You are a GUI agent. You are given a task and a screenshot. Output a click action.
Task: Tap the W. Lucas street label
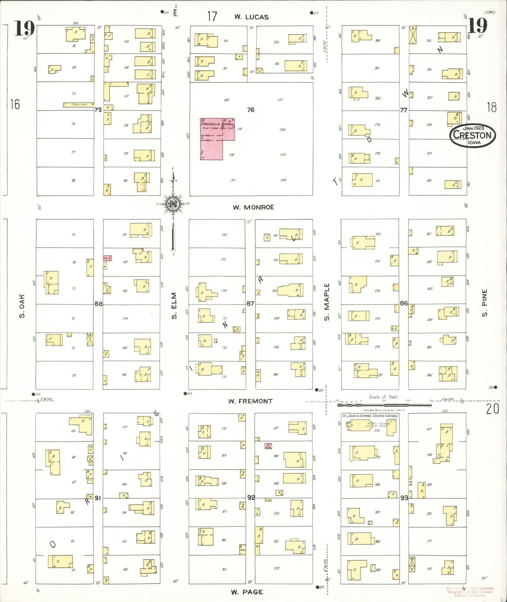click(251, 17)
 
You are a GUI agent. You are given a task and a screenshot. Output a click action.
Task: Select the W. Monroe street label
click(253, 207)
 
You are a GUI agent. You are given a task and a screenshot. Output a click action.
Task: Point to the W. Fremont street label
click(250, 401)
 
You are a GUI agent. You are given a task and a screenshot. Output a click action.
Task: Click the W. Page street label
click(247, 592)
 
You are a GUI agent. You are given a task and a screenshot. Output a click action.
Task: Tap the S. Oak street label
click(22, 306)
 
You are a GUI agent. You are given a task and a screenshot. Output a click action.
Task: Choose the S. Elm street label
click(174, 306)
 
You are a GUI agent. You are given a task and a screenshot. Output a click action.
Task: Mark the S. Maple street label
click(327, 302)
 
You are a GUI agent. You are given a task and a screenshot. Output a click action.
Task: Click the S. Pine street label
click(485, 303)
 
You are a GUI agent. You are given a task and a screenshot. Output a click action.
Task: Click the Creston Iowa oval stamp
click(472, 135)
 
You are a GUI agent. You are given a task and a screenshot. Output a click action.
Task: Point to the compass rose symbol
click(173, 204)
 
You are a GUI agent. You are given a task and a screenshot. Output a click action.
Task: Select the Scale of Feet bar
click(384, 405)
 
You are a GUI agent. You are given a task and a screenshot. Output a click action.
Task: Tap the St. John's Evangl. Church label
click(370, 415)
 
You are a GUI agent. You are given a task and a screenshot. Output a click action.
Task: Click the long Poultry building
click(79, 105)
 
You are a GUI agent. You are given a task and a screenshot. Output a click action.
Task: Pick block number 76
click(251, 110)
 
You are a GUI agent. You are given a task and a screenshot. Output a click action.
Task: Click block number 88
click(98, 303)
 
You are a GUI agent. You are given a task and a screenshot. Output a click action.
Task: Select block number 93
click(404, 498)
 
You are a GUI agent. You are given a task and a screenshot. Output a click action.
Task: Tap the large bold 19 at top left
click(24, 29)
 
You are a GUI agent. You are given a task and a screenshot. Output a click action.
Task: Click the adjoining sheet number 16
click(15, 104)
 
